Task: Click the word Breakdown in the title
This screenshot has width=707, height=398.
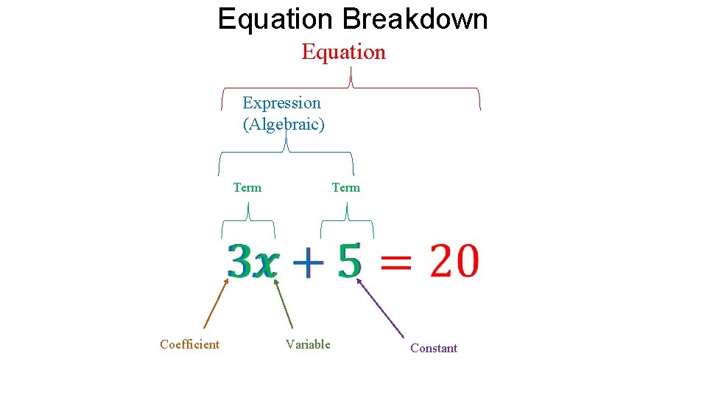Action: pos(415,19)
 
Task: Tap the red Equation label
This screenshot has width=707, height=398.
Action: pos(343,52)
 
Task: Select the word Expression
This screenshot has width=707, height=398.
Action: pos(281,103)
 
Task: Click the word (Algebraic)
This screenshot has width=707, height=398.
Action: pos(284,124)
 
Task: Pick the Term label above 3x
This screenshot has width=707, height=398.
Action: pos(247,187)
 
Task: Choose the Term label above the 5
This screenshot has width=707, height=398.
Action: pos(345,187)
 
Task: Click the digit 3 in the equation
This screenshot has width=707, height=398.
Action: pos(240,262)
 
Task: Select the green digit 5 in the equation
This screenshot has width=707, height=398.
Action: pos(350,262)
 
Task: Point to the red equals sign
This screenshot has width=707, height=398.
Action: pos(398,263)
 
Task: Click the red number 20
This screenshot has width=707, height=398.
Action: pos(454,262)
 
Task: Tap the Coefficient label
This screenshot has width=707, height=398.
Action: pos(189,344)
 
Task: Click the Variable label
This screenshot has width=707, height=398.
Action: pos(308,344)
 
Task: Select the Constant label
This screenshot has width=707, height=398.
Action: pos(434,348)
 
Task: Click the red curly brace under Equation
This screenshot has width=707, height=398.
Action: pos(351,87)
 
